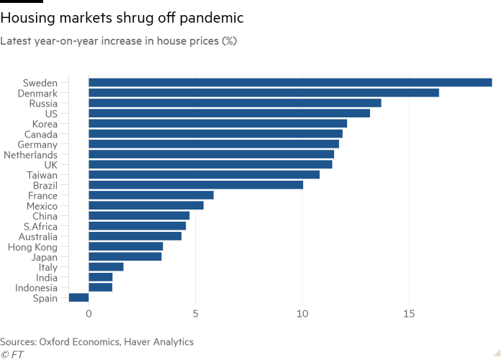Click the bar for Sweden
(290, 83)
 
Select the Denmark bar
(264, 93)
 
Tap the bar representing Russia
(235, 103)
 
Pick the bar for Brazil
(196, 185)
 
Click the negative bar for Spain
(79, 297)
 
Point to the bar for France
(151, 195)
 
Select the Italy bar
(106, 267)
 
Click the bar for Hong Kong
(126, 246)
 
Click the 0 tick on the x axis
(89, 314)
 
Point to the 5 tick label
(195, 314)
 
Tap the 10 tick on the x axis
(302, 314)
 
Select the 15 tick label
(409, 314)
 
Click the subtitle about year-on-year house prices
(119, 41)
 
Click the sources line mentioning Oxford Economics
(96, 341)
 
